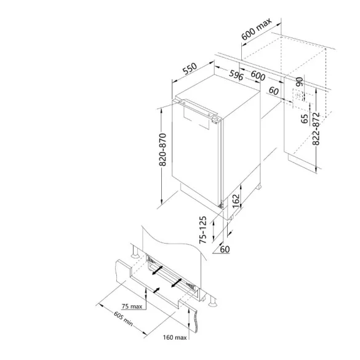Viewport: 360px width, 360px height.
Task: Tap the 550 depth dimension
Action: point(190,68)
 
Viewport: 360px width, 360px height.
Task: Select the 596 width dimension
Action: point(236,75)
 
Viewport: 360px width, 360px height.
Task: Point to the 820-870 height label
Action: point(162,150)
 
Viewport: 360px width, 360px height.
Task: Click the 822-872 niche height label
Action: point(316,129)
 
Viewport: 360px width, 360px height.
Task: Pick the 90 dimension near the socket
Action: point(299,82)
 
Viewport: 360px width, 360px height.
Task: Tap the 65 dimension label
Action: point(305,119)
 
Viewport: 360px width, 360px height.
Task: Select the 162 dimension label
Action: point(236,201)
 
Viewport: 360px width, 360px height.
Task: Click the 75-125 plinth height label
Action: point(202,230)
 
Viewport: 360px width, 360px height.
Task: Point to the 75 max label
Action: point(132,306)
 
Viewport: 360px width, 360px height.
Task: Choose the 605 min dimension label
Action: point(124,319)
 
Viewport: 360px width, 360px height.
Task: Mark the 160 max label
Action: point(175,337)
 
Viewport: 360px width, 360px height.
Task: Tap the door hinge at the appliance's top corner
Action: point(216,119)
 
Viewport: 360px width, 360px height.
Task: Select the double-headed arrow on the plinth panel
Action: point(156,290)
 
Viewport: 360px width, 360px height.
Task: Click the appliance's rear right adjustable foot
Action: point(258,186)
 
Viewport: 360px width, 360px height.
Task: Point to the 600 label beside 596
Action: point(258,76)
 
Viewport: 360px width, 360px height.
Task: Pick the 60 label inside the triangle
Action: point(225,249)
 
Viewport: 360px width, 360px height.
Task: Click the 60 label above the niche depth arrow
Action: point(274,91)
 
